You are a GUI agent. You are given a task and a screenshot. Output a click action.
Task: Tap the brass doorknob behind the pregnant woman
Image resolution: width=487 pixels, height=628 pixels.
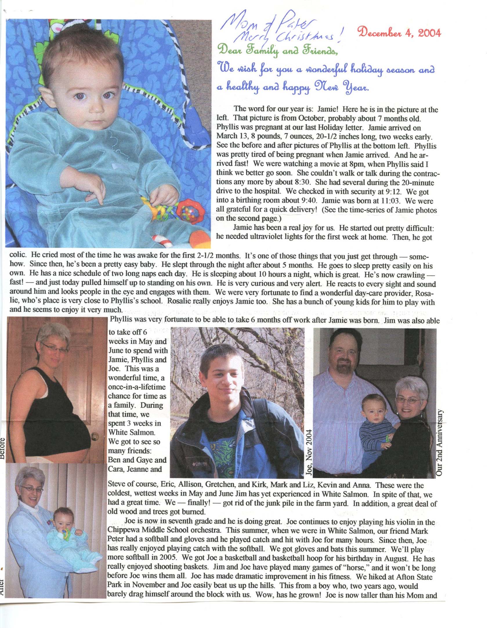click(x=95, y=436)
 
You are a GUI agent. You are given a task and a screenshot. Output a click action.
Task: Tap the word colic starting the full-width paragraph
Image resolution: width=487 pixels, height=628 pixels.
click(x=18, y=255)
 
